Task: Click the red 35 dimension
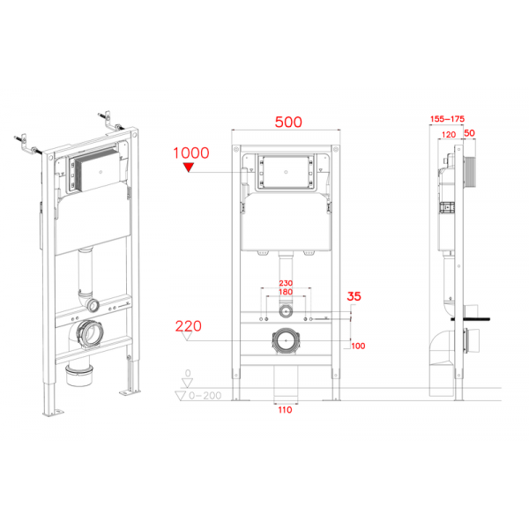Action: pos(354,296)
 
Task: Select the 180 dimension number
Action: pos(284,292)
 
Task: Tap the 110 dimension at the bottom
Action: pos(284,409)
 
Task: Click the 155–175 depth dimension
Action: pos(447,118)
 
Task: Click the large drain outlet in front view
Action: pos(284,339)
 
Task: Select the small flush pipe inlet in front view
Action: pos(284,312)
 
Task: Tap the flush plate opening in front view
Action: pos(284,171)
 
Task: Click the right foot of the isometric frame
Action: pos(132,388)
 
